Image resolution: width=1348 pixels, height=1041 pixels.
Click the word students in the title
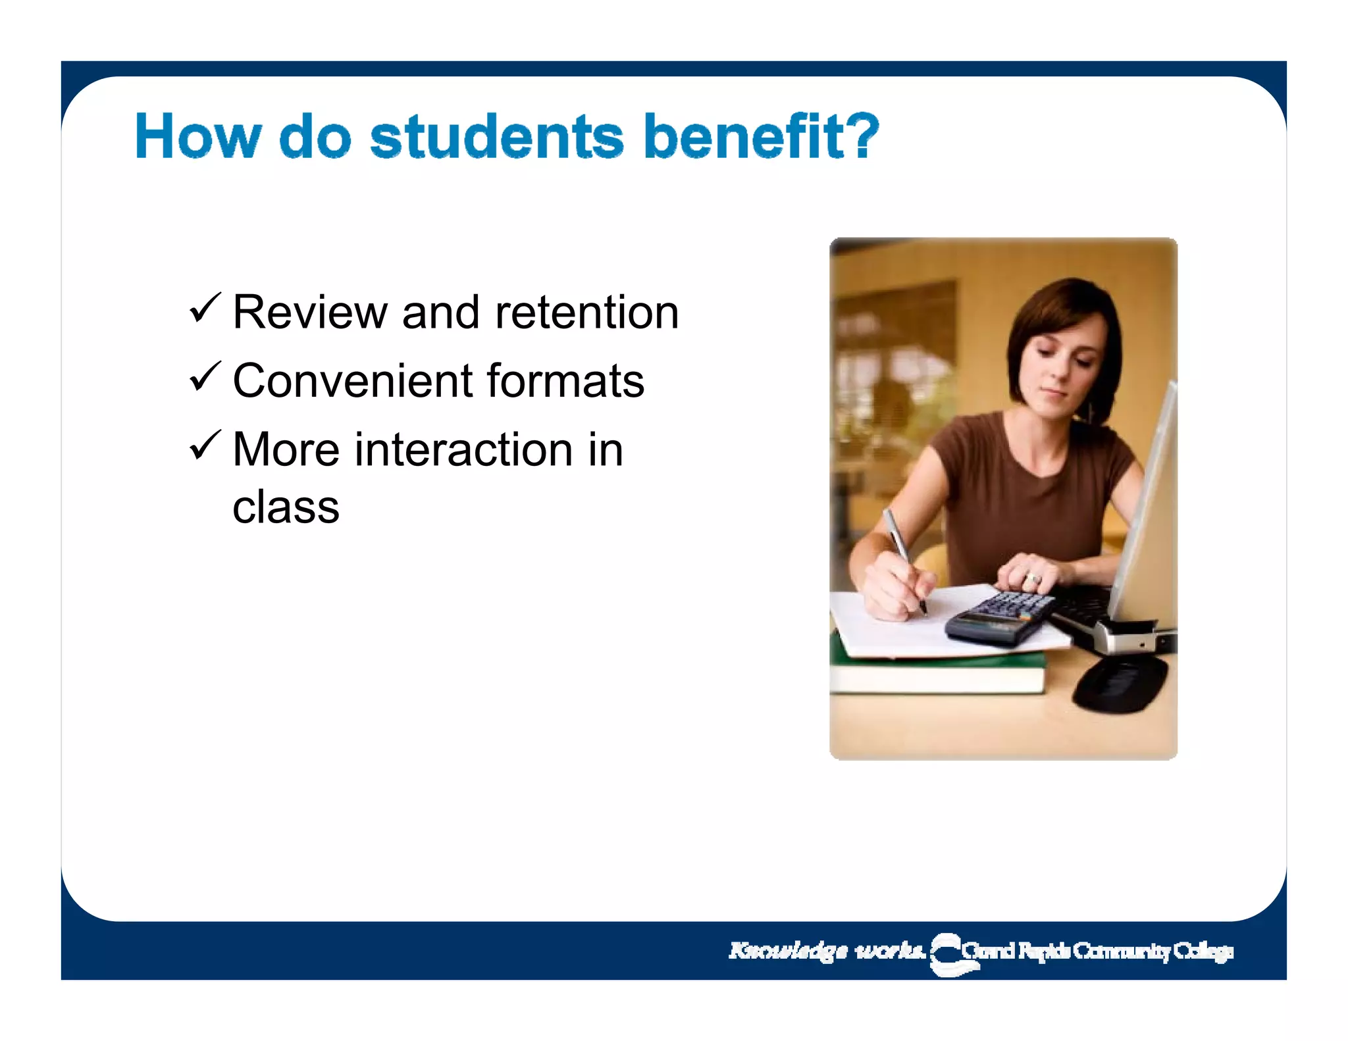tap(496, 137)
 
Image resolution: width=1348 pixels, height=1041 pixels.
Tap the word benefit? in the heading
tap(762, 137)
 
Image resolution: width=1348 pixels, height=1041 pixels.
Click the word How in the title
tap(197, 137)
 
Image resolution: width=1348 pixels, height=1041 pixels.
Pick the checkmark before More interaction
tap(205, 445)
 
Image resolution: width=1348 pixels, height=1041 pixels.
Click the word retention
tap(586, 312)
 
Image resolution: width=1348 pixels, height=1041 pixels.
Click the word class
tap(286, 507)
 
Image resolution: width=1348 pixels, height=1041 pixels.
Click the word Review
tap(309, 312)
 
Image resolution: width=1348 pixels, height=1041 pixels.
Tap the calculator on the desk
tap(997, 619)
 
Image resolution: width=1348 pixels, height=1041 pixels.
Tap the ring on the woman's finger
tap(1033, 579)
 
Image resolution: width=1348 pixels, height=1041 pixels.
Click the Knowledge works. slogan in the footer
tap(827, 951)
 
